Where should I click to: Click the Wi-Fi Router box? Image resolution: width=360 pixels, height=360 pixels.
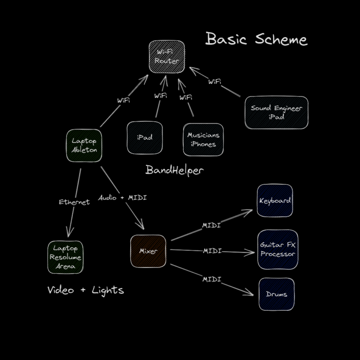(x=167, y=57)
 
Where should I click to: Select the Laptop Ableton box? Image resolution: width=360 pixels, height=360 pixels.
(x=84, y=145)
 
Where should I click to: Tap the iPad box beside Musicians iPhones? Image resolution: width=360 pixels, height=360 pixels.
(x=144, y=137)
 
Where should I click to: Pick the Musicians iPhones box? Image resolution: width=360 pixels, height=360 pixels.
(x=203, y=140)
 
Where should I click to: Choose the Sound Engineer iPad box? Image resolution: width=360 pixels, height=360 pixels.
(x=276, y=112)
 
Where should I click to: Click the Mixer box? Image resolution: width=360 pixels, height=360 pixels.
(x=148, y=251)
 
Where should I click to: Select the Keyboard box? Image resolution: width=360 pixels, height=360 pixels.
(x=275, y=201)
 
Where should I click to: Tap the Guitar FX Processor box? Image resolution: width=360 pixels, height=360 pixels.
(x=277, y=249)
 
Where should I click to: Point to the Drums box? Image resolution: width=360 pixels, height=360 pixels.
(x=276, y=294)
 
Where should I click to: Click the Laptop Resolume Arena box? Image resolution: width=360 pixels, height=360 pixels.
(x=65, y=257)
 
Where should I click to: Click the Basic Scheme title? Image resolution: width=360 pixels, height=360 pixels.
(x=256, y=39)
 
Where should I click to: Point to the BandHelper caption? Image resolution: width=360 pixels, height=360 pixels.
(x=174, y=170)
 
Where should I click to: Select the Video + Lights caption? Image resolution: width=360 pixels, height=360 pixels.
(x=86, y=290)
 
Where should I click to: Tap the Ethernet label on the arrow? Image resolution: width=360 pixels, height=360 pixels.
(x=74, y=202)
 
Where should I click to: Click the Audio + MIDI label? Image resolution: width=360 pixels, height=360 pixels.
(x=122, y=198)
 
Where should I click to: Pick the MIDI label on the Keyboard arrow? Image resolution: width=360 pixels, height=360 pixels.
(x=211, y=225)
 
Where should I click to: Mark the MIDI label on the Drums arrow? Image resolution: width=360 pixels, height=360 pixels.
(x=211, y=279)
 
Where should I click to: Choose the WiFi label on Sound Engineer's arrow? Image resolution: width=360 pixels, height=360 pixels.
(x=215, y=82)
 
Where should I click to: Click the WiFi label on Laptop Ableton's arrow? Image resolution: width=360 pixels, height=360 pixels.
(x=123, y=100)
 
